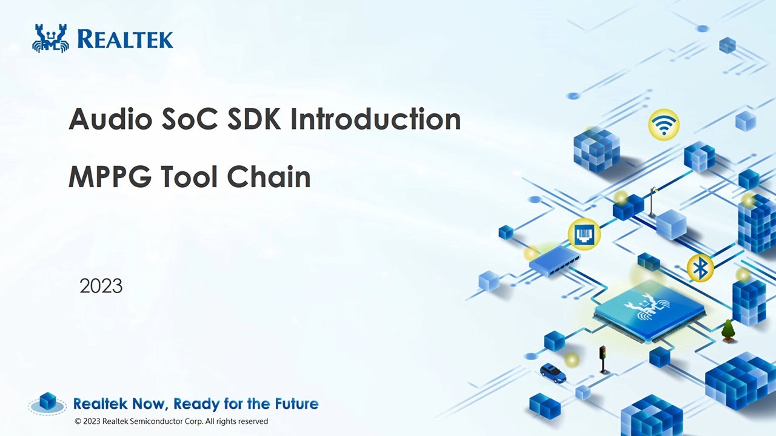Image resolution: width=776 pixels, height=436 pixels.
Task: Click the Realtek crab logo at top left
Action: click(50, 38)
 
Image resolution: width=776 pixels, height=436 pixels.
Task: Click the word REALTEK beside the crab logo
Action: click(125, 39)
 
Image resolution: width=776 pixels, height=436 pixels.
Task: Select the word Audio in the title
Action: click(110, 119)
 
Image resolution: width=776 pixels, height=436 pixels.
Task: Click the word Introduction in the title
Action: click(376, 119)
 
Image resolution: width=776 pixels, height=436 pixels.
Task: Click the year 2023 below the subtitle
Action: click(101, 286)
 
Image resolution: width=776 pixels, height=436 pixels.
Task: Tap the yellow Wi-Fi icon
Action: click(664, 125)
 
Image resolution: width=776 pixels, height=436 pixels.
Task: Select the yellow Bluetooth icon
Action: click(700, 268)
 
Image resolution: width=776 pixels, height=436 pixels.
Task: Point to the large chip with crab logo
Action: click(649, 309)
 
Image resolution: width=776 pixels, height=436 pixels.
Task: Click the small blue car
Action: click(553, 372)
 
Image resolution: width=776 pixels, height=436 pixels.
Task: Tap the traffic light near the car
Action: click(603, 358)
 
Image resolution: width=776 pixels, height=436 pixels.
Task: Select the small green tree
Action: click(728, 330)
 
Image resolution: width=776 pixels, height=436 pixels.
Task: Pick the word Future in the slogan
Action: click(295, 403)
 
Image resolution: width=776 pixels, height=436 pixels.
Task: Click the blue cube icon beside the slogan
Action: click(48, 401)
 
